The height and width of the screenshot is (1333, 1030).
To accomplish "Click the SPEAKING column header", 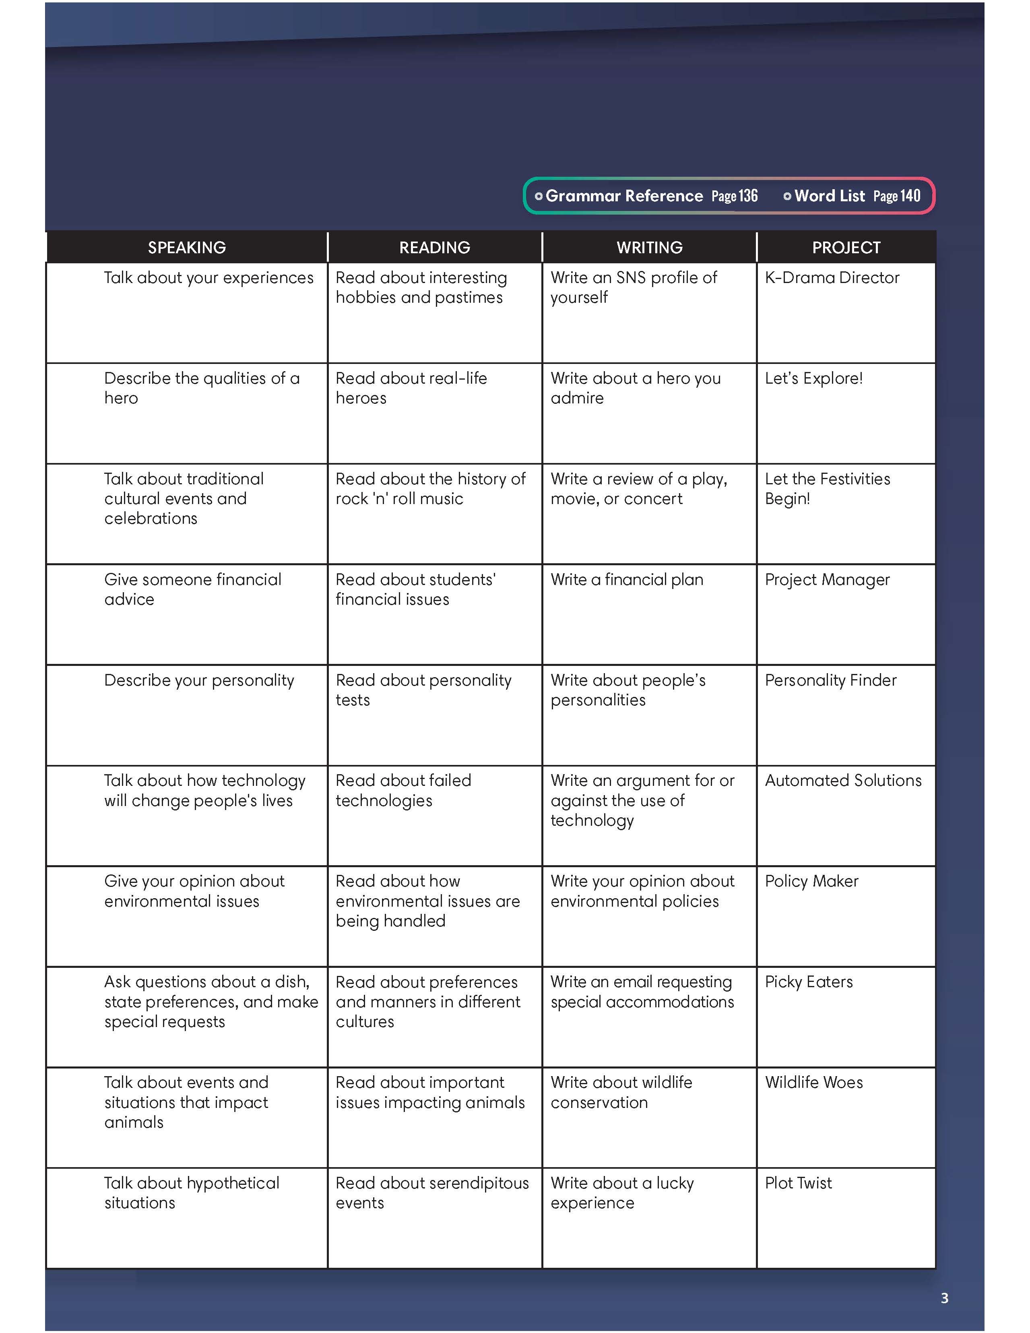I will coord(187,247).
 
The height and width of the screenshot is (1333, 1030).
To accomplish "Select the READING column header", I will coord(434,247).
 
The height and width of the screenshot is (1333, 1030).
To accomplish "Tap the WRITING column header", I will coord(649,247).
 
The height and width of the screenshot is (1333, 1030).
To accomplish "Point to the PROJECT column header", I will coord(846,247).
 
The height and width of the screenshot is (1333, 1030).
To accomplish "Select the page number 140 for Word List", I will coord(910,196).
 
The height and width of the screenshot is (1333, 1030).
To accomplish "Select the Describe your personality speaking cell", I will coord(199,680).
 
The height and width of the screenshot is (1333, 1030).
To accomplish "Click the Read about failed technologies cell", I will coord(403,790).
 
